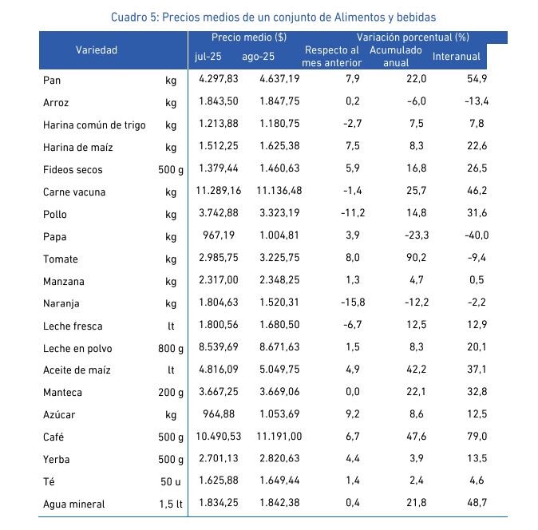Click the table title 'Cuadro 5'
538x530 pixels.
(133, 17)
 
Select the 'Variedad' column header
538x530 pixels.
(97, 50)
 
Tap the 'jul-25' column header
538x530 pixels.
(208, 56)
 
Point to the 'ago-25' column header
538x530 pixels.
(258, 56)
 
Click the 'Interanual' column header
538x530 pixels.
(456, 56)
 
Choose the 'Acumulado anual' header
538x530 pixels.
(396, 56)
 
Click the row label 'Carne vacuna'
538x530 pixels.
(74, 192)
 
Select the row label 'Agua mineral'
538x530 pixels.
(73, 504)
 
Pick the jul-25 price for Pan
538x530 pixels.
(219, 79)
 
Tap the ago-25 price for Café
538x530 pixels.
(279, 437)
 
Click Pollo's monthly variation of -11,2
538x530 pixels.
(353, 213)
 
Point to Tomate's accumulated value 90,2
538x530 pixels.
(416, 258)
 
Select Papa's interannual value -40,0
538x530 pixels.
(477, 235)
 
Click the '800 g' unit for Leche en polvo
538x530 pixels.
(171, 349)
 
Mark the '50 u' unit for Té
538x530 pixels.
(171, 482)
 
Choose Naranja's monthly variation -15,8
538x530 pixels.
(353, 303)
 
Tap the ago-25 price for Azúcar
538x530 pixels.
(279, 414)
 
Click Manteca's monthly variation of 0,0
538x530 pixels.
(353, 392)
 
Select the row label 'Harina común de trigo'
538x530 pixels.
(94, 125)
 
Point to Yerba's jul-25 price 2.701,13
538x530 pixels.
(219, 458)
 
